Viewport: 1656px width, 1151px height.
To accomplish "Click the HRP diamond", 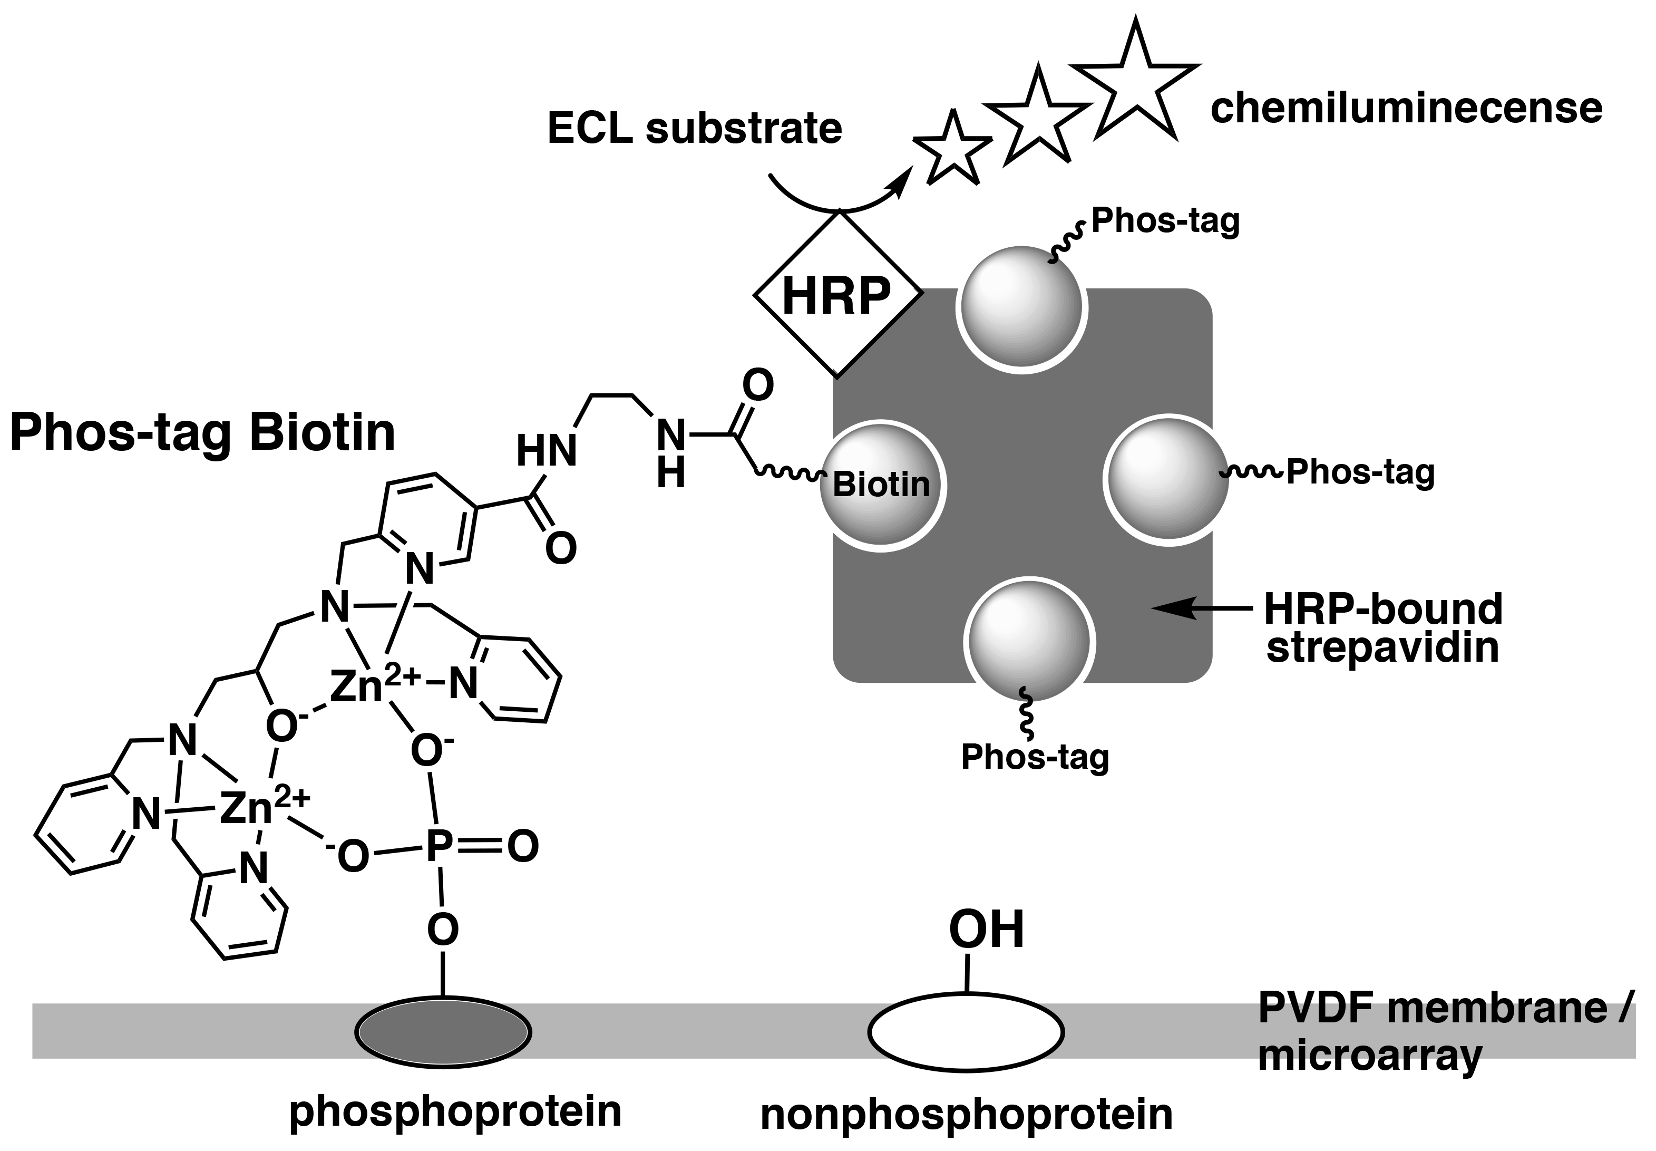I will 837,294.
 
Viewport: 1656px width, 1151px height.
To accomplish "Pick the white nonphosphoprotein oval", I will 966,1033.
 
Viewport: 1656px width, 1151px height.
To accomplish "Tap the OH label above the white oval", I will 986,930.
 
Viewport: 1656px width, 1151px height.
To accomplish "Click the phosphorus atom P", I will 439,846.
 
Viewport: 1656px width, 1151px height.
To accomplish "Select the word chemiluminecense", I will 1406,108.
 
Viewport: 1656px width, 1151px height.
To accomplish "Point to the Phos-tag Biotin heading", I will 202,433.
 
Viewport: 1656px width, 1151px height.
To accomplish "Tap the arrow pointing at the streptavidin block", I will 1201,608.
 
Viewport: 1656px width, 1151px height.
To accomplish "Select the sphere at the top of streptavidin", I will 1022,306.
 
